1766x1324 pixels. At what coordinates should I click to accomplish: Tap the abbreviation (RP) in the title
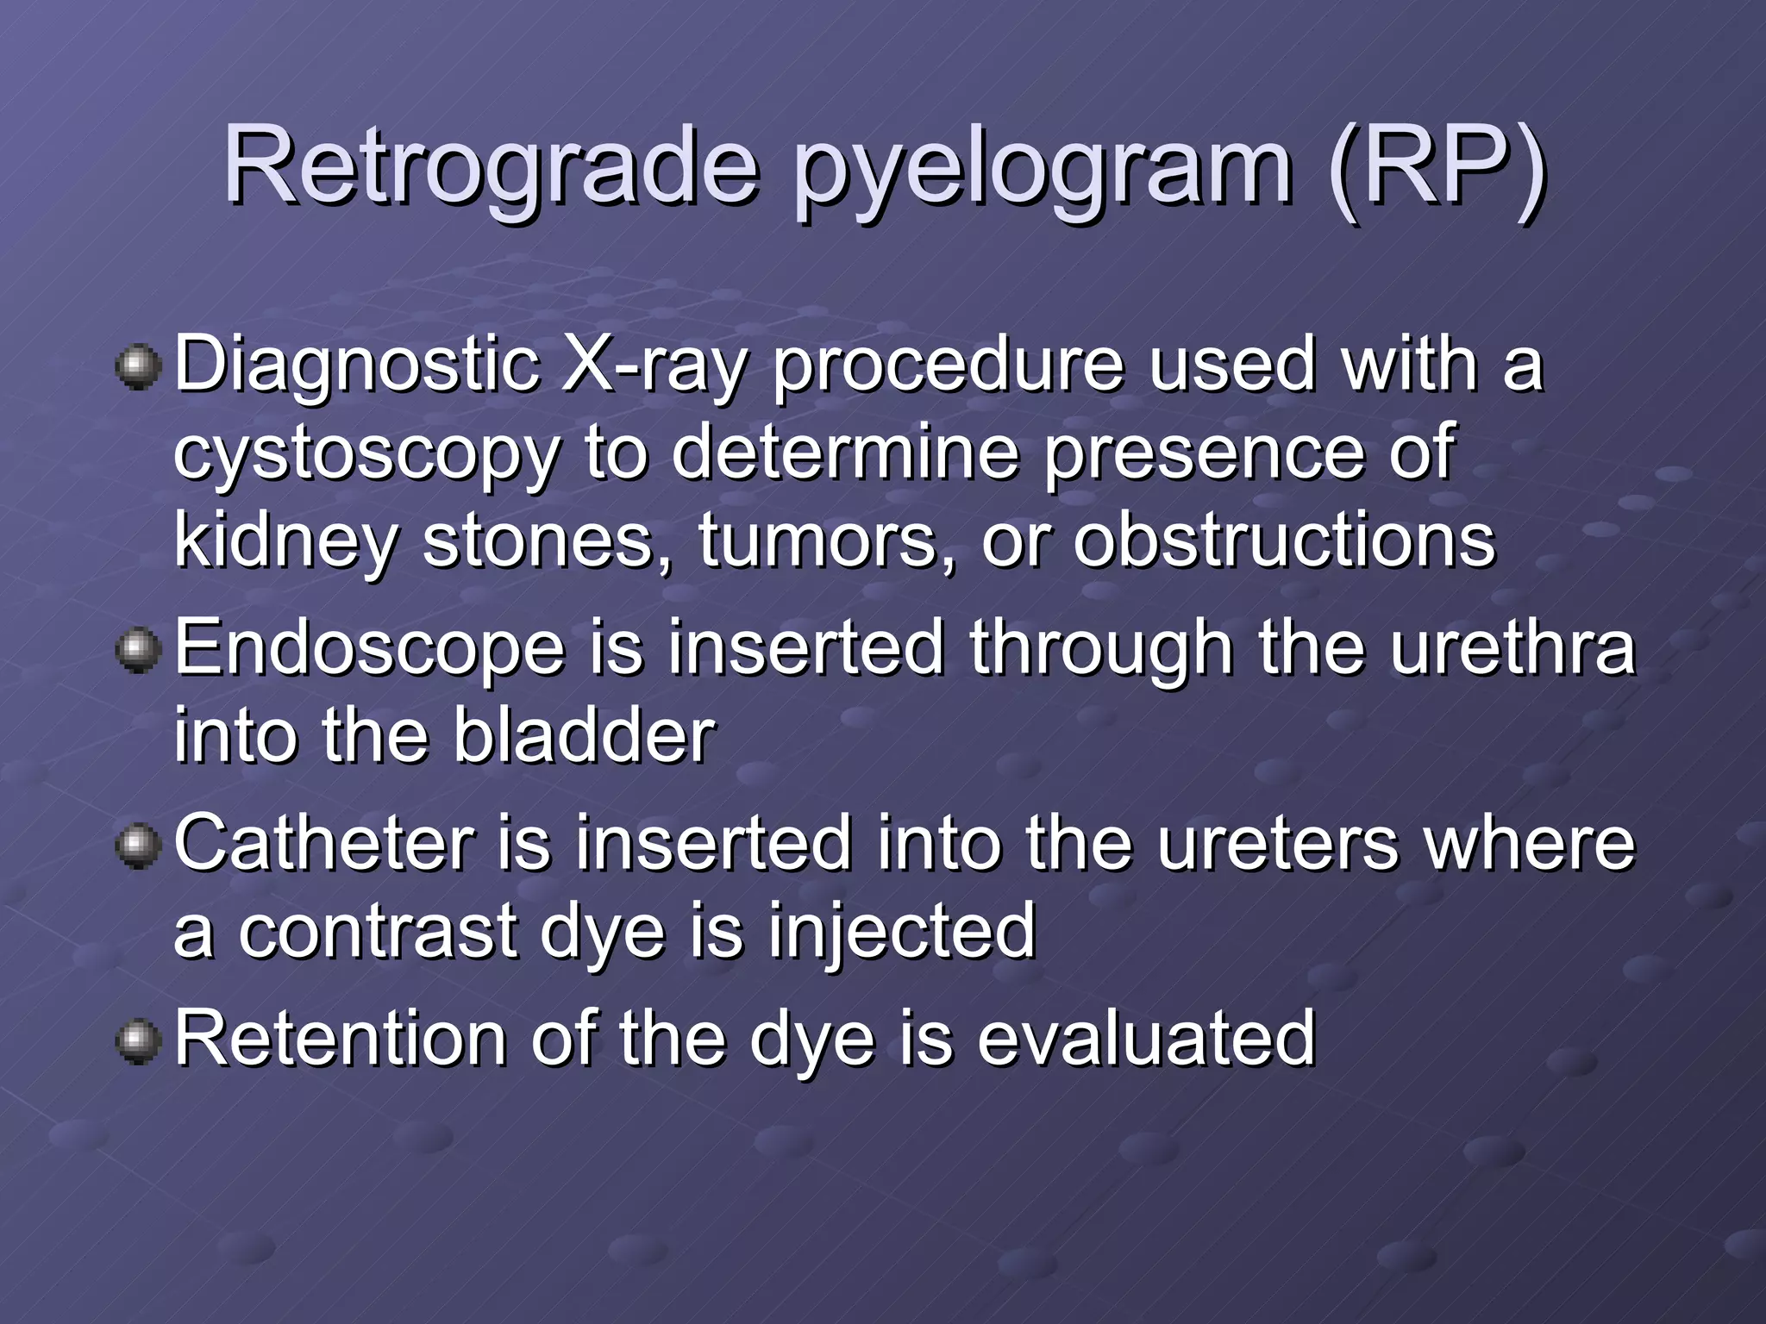pyautogui.click(x=1437, y=165)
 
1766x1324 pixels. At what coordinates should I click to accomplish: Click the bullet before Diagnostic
pyautogui.click(x=138, y=368)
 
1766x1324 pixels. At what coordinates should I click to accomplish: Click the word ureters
pyautogui.click(x=1277, y=845)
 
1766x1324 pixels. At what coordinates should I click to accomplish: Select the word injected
pyautogui.click(x=901, y=933)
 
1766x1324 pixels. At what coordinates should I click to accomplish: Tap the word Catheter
pyautogui.click(x=324, y=843)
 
